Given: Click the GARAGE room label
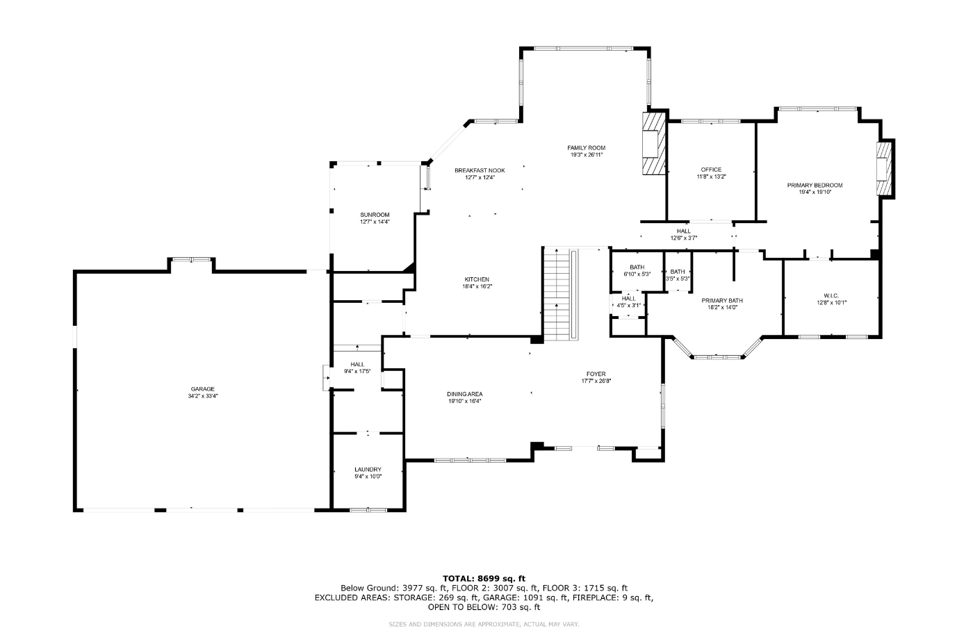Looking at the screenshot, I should point(203,389).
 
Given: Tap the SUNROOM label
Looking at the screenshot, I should point(375,215).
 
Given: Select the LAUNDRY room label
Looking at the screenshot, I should point(368,470).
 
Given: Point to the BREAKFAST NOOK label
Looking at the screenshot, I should point(480,170).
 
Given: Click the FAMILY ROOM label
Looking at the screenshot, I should point(586,147).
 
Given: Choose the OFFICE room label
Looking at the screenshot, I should point(711,170).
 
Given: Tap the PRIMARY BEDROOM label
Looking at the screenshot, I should point(815,185).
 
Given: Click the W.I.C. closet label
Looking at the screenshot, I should point(831,295).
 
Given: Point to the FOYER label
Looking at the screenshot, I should point(596,374).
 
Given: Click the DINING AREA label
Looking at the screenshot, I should point(465,394).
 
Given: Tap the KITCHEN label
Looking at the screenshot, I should point(477,279).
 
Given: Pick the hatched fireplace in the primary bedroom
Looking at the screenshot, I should point(883,170).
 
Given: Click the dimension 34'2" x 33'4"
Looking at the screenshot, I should point(203,396).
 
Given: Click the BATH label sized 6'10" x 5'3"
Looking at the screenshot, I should point(637,267).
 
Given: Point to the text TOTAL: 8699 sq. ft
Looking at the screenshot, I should point(484,578).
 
